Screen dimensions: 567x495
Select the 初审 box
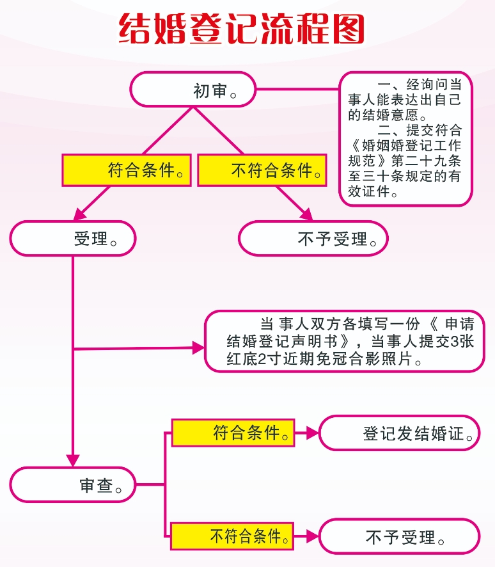click(192, 89)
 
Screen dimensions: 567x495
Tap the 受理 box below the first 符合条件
click(73, 239)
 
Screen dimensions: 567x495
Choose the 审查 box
click(72, 484)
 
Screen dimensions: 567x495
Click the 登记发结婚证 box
click(399, 433)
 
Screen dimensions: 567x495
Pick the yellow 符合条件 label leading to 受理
click(126, 171)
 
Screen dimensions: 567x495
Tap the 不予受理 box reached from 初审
click(313, 239)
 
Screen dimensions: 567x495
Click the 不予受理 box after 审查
click(399, 536)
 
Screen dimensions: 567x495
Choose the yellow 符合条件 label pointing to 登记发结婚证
click(233, 433)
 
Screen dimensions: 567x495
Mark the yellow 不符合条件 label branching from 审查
click(233, 536)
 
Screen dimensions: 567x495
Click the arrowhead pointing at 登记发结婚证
click(311, 433)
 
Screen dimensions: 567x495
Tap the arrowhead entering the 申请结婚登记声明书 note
click(198, 348)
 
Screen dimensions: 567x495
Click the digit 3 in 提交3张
click(455, 342)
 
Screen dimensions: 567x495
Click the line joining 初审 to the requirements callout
click(297, 89)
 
